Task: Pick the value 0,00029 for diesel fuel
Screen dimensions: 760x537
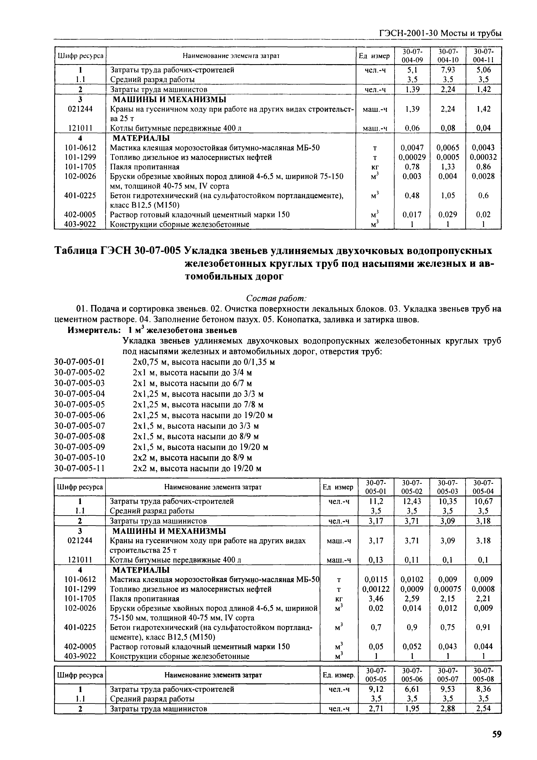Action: (x=412, y=157)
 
